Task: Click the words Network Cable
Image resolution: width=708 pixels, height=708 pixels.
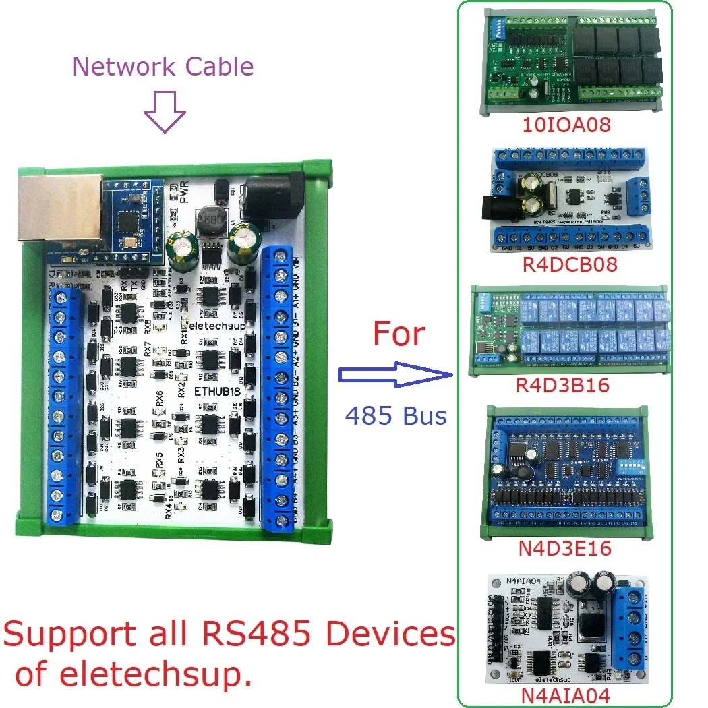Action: point(163,67)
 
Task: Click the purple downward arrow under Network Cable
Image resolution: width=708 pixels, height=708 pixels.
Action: point(165,112)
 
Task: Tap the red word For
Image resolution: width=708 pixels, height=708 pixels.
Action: point(400,334)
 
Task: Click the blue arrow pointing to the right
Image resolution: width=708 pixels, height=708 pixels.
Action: point(394,375)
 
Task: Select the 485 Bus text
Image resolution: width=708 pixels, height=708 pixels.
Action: point(396,416)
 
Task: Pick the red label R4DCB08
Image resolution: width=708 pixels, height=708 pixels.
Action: point(570,264)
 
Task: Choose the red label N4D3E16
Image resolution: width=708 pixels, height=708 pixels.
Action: point(565,548)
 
